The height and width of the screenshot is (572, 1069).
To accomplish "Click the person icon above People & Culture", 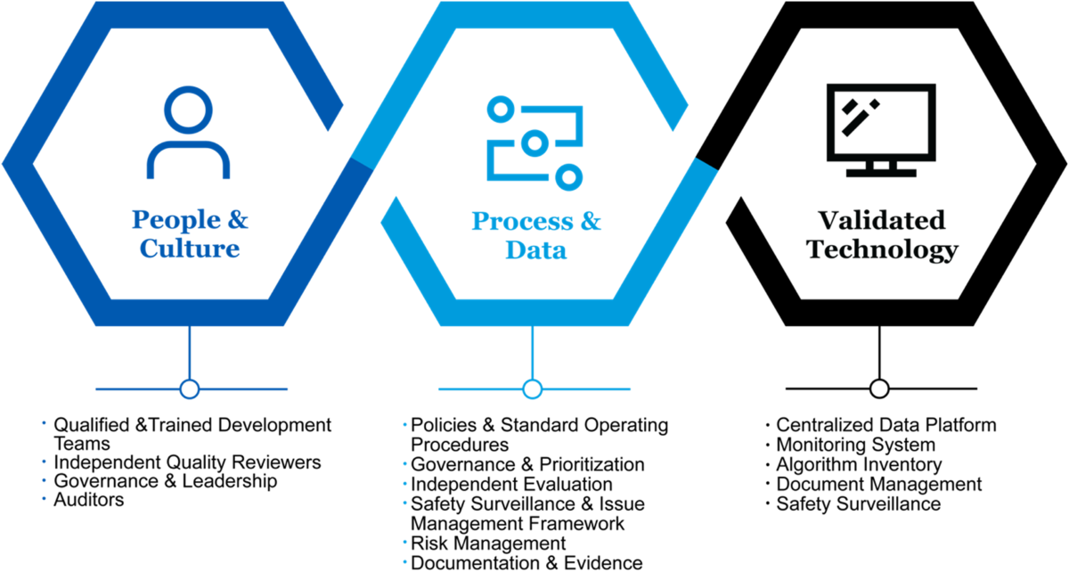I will coord(189,133).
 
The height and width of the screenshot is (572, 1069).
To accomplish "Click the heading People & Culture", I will coord(190,233).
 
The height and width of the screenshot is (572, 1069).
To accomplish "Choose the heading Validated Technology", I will coord(881,233).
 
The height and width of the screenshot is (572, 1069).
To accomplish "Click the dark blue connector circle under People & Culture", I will coord(189,389).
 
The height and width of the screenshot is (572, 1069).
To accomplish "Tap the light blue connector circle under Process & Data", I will coord(533,389).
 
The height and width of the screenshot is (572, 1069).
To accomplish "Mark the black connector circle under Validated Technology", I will coord(879,389).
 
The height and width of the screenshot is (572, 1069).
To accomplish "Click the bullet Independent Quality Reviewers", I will coord(187,462).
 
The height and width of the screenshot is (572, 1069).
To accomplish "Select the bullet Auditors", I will coord(89,500).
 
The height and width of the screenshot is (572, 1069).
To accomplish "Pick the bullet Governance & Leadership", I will coord(166,481).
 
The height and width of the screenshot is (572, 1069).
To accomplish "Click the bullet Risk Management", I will coord(488,543).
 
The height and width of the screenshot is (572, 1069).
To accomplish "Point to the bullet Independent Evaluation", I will coord(511,484).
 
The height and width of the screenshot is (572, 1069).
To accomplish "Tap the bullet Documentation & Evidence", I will coord(526,562).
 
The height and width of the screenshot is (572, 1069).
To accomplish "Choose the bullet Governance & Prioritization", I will coord(527,464).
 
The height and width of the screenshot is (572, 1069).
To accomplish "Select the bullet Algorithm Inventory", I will coord(859,464).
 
